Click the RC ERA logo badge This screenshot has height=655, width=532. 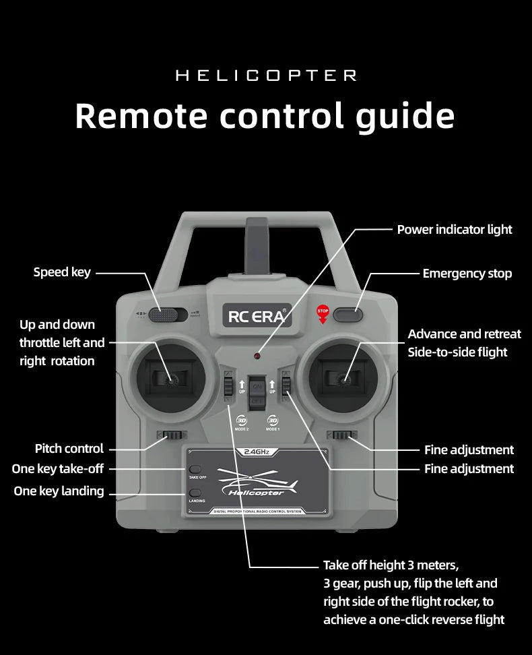tap(258, 315)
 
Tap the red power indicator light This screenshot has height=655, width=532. tap(257, 355)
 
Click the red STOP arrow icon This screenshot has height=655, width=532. tap(323, 313)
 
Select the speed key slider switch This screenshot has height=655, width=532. tap(169, 313)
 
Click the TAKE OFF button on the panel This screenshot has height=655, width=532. tap(196, 469)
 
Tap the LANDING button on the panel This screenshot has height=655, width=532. tap(196, 493)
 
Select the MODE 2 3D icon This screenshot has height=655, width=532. tap(242, 420)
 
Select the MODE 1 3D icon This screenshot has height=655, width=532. tap(273, 420)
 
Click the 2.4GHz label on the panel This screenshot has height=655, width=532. tap(257, 452)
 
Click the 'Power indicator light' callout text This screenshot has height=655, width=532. tap(455, 230)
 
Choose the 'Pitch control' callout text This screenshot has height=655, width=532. tap(69, 449)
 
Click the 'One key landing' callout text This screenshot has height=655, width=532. tap(59, 491)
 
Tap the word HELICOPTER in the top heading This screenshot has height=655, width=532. tap(266, 75)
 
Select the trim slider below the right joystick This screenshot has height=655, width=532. tap(340, 435)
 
